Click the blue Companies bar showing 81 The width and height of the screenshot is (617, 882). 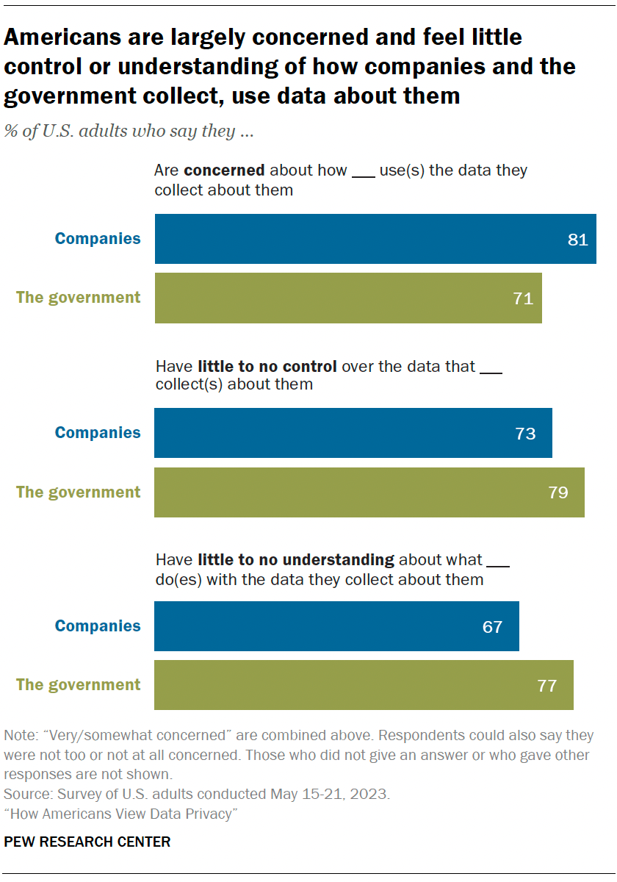tap(375, 239)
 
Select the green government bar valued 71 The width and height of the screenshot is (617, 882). tap(348, 298)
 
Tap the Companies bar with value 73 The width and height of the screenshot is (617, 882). tap(353, 433)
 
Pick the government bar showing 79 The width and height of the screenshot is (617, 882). tap(369, 492)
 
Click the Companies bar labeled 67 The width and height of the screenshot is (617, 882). tap(336, 626)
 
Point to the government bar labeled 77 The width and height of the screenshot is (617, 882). tap(364, 685)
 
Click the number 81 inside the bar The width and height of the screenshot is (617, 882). tap(578, 240)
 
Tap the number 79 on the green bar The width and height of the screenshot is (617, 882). tap(558, 492)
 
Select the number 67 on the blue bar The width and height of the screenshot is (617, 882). tap(492, 627)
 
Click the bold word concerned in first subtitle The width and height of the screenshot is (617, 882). tap(224, 171)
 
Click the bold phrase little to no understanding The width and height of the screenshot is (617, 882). tap(296, 560)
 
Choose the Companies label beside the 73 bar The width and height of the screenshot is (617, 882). tap(98, 433)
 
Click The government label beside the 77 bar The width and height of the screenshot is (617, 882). tap(79, 685)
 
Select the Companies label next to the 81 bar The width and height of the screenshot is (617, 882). tap(98, 239)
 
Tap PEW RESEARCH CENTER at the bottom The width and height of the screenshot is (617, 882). tap(87, 842)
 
